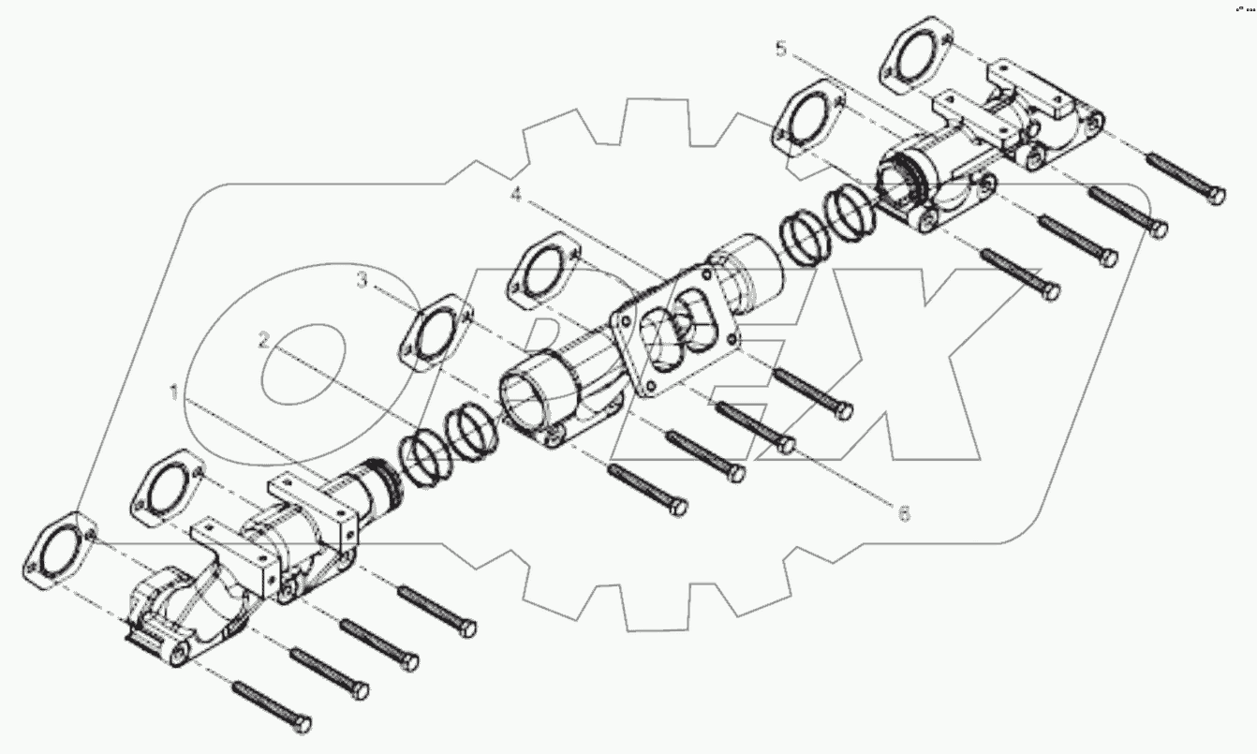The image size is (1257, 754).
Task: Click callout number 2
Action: click(x=265, y=342)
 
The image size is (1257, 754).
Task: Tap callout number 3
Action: click(x=361, y=280)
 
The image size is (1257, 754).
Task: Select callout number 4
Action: click(x=515, y=196)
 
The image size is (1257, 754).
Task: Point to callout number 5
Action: click(x=782, y=50)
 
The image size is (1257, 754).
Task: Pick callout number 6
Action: click(x=903, y=513)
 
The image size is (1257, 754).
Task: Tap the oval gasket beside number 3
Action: click(x=435, y=333)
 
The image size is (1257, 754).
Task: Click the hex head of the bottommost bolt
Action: click(x=300, y=724)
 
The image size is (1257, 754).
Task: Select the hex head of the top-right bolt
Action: click(x=1214, y=196)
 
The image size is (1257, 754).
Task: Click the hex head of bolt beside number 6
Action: click(x=842, y=410)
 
